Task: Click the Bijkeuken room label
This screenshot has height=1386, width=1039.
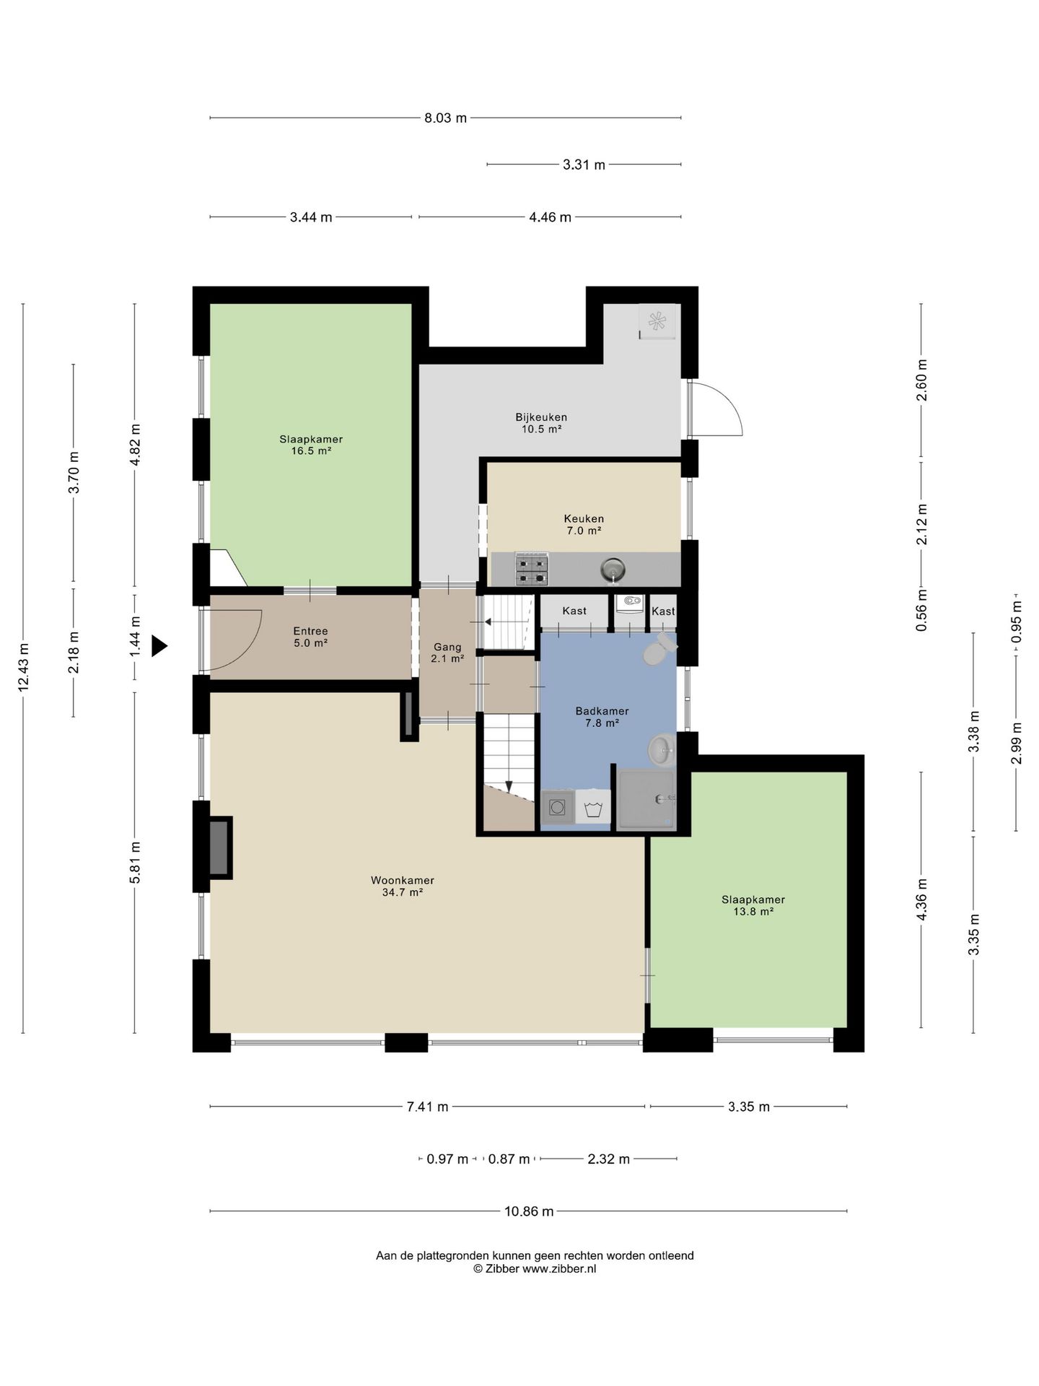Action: [541, 417]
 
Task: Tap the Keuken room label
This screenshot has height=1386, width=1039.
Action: [584, 519]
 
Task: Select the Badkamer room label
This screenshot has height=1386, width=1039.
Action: [602, 711]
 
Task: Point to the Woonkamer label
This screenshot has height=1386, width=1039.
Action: [403, 881]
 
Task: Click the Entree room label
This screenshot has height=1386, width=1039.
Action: [310, 631]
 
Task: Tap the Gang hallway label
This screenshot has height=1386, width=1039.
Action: [447, 647]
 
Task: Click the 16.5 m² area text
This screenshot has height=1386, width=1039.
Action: [311, 451]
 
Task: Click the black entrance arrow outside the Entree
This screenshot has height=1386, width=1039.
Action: [158, 645]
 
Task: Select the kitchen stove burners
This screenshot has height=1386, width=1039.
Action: [531, 569]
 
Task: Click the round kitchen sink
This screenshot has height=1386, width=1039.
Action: [612, 570]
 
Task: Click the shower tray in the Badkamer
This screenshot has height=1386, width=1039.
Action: [646, 798]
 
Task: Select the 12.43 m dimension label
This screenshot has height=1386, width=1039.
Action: [24, 667]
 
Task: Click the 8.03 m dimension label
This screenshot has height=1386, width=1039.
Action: [445, 118]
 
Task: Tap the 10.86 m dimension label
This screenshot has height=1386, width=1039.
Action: [529, 1211]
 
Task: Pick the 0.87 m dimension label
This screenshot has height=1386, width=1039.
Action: [509, 1159]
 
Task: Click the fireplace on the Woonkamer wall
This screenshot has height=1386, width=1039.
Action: [220, 847]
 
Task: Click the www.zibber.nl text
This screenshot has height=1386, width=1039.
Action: [559, 1269]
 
